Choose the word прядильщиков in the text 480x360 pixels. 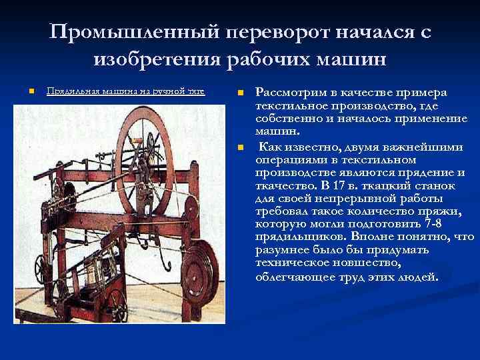coord(291,237)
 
